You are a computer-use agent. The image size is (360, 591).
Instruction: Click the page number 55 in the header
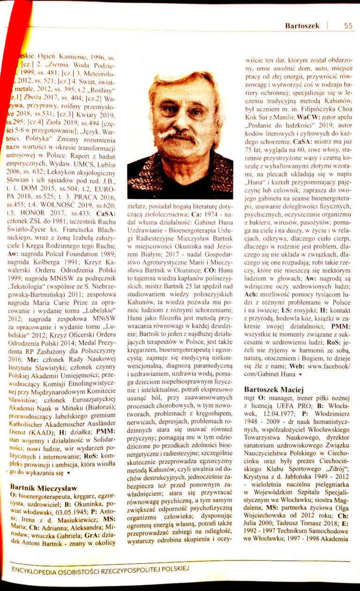(347, 26)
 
